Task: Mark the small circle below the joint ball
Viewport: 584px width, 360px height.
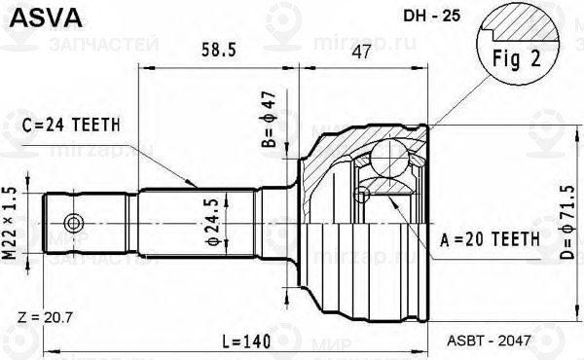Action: pyautogui.click(x=363, y=197)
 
